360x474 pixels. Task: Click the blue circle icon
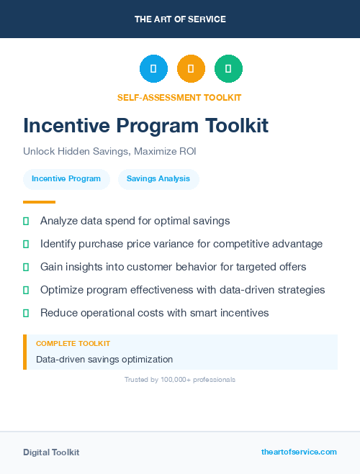pos(153,69)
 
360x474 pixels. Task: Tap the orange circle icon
pos(191,69)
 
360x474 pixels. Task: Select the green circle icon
pos(228,69)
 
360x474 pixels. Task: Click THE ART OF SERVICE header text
pos(180,19)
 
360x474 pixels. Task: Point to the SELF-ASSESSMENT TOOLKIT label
pos(179,97)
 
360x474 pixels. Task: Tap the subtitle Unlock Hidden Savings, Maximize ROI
pos(109,152)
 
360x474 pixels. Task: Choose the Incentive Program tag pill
pos(66,179)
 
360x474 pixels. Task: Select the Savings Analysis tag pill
pos(158,179)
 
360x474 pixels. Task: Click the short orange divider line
pos(39,202)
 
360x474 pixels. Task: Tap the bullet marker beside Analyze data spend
pos(26,221)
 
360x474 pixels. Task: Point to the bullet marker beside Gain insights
pos(26,267)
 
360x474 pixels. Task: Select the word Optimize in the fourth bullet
pos(63,290)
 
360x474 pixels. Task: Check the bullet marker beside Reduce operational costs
pos(26,313)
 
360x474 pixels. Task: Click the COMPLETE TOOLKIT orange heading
pos(73,344)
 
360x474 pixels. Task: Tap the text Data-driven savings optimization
pos(104,359)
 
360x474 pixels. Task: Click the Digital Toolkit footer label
pos(51,452)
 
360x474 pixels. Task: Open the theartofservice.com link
pos(299,452)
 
